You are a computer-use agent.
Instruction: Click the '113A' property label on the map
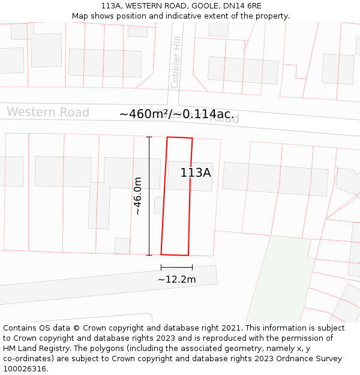click(196, 173)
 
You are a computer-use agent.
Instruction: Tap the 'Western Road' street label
click(48, 112)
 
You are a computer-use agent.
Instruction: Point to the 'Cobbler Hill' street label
click(176, 62)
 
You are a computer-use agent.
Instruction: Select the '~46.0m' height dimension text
click(137, 196)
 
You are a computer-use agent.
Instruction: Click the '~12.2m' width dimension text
click(176, 279)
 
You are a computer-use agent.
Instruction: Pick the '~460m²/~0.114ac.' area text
click(177, 114)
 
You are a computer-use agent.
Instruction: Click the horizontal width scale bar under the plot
click(176, 267)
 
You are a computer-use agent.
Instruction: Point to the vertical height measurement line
click(149, 196)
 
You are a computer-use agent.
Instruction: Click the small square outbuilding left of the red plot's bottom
click(122, 246)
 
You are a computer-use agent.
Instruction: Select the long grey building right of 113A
click(275, 179)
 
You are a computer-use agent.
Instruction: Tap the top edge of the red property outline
click(179, 138)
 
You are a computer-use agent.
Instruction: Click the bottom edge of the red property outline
click(175, 255)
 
